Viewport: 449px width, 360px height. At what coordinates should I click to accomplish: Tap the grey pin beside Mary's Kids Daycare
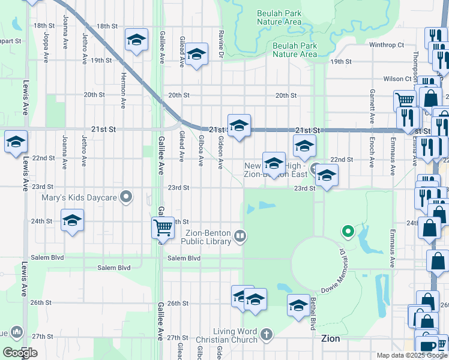coord(126,196)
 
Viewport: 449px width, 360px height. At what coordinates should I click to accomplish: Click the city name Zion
coord(330,338)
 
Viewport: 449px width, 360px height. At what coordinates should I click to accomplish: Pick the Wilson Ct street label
coord(397,79)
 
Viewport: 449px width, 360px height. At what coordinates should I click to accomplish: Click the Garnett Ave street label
coord(372,107)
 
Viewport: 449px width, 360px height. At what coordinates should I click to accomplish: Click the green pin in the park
coord(346,230)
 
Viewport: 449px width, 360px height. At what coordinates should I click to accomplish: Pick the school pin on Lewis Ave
coord(16,142)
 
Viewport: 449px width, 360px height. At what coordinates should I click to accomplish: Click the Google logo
coord(20,352)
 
